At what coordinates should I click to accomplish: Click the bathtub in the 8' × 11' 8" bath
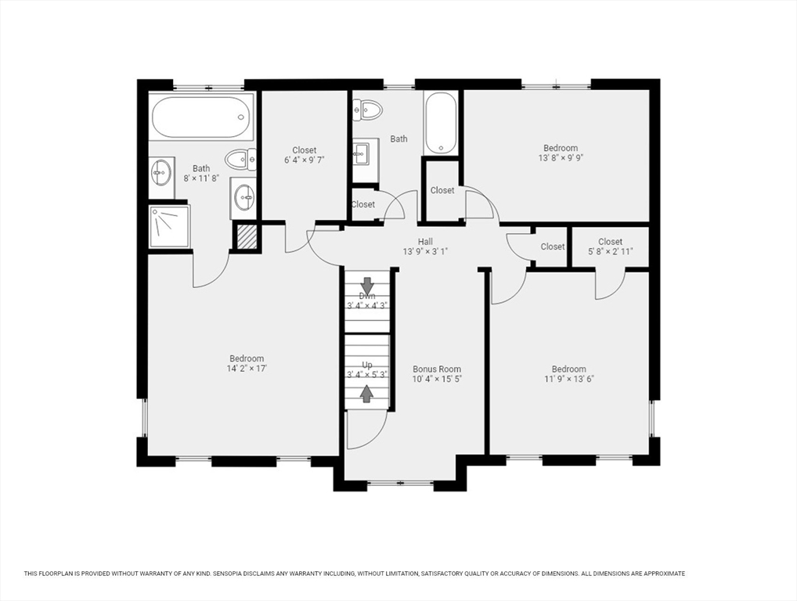tap(202, 117)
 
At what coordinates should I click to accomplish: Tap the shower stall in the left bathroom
tap(170, 227)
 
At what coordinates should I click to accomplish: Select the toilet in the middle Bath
tap(367, 110)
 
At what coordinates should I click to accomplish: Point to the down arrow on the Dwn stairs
tap(367, 286)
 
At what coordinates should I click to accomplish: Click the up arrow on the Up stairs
tap(366, 394)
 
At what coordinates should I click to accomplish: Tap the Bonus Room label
tap(437, 369)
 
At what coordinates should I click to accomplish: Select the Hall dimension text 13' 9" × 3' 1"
tap(425, 251)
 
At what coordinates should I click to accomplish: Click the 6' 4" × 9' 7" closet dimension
tap(304, 160)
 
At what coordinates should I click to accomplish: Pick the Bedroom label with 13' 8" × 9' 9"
tap(561, 148)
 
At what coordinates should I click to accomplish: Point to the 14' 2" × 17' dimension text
tap(247, 369)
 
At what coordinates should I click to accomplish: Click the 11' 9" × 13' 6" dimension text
tap(569, 379)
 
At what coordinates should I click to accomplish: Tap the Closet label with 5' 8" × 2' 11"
tap(610, 242)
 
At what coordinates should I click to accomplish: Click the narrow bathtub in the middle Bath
tap(441, 122)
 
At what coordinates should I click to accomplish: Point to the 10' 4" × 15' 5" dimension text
tap(437, 379)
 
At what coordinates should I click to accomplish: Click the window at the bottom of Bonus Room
tap(400, 483)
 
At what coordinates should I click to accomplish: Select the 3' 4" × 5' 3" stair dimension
tap(367, 375)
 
